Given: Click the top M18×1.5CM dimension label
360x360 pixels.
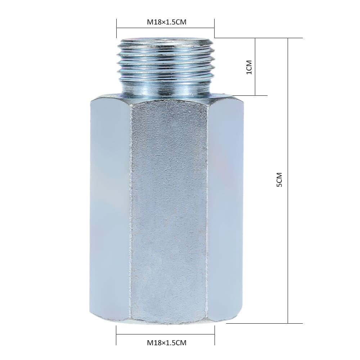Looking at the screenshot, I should pyautogui.click(x=166, y=22).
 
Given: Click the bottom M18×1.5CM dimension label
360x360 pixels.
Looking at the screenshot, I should pyautogui.click(x=166, y=343).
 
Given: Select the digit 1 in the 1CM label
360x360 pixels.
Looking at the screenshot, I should pyautogui.click(x=248, y=72).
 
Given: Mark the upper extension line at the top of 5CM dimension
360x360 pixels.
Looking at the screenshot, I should pyautogui.click(x=259, y=38).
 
